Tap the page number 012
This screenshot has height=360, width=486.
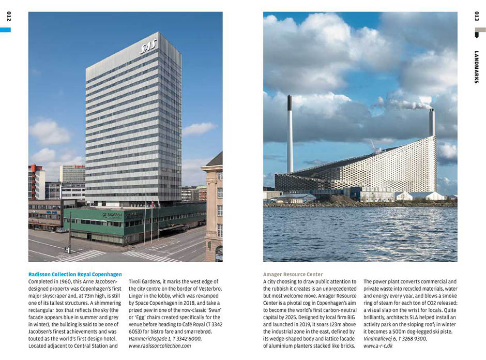9,17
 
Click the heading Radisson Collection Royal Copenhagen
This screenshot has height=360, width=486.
75,274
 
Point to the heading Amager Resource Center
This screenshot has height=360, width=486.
293,274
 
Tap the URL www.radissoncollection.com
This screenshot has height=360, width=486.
160,346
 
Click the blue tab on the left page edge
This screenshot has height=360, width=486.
5,30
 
